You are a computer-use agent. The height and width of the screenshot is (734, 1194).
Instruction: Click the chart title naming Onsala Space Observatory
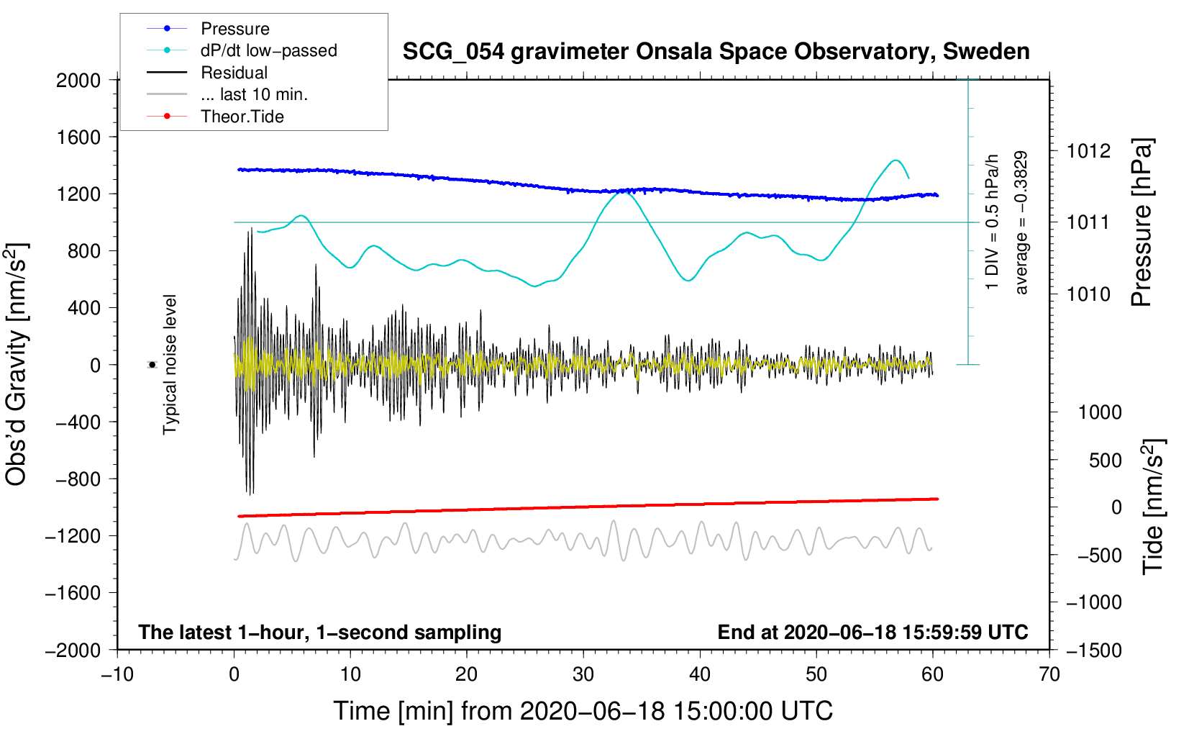[x=716, y=52]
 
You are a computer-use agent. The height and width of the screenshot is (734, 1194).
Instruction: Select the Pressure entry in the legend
[x=234, y=29]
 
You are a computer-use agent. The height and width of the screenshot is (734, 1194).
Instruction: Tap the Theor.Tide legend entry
[x=242, y=117]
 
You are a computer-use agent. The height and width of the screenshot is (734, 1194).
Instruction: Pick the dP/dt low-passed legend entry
[x=268, y=50]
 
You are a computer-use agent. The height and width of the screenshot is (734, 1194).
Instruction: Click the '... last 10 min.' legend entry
[x=254, y=94]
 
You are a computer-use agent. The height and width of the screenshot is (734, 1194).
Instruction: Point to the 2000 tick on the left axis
[x=78, y=80]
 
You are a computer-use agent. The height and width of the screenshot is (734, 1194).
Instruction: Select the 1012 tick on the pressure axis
[x=1088, y=151]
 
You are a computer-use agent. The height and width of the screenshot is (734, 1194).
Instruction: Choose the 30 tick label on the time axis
[x=583, y=674]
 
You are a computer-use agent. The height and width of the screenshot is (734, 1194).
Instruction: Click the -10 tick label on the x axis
[x=117, y=674]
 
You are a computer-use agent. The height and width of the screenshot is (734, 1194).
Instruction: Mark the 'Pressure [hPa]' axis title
[x=1141, y=223]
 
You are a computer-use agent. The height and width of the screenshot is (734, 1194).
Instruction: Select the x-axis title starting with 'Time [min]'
[x=583, y=711]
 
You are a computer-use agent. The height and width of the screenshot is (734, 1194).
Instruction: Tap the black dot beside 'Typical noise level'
[x=152, y=365]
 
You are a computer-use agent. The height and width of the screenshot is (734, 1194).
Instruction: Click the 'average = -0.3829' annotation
[x=1021, y=223]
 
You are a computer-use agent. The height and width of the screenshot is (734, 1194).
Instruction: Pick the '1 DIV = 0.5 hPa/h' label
[x=993, y=222]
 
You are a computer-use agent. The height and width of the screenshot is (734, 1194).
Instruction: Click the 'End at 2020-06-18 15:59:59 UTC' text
[x=872, y=632]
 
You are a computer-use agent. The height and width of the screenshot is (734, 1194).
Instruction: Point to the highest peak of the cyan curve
[x=895, y=160]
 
